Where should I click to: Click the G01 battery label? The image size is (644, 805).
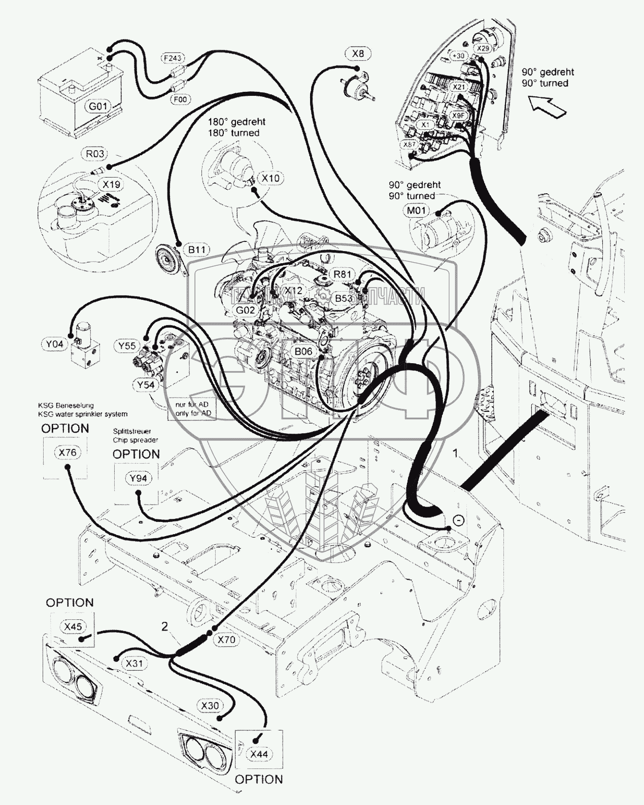pos(98,107)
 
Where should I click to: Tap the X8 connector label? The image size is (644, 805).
pos(358,53)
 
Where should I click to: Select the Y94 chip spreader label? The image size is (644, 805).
pos(138,478)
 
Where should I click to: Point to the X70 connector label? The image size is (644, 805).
pos(226,640)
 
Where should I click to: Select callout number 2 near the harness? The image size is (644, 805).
pos(164,626)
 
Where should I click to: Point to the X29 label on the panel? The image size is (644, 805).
pos(483,48)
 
